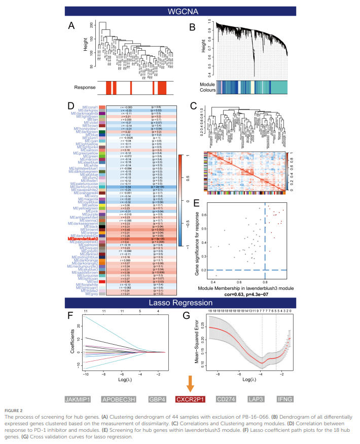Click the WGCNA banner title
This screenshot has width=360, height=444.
(180, 10)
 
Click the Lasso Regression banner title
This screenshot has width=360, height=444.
(180, 303)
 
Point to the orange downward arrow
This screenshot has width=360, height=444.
(190, 384)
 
